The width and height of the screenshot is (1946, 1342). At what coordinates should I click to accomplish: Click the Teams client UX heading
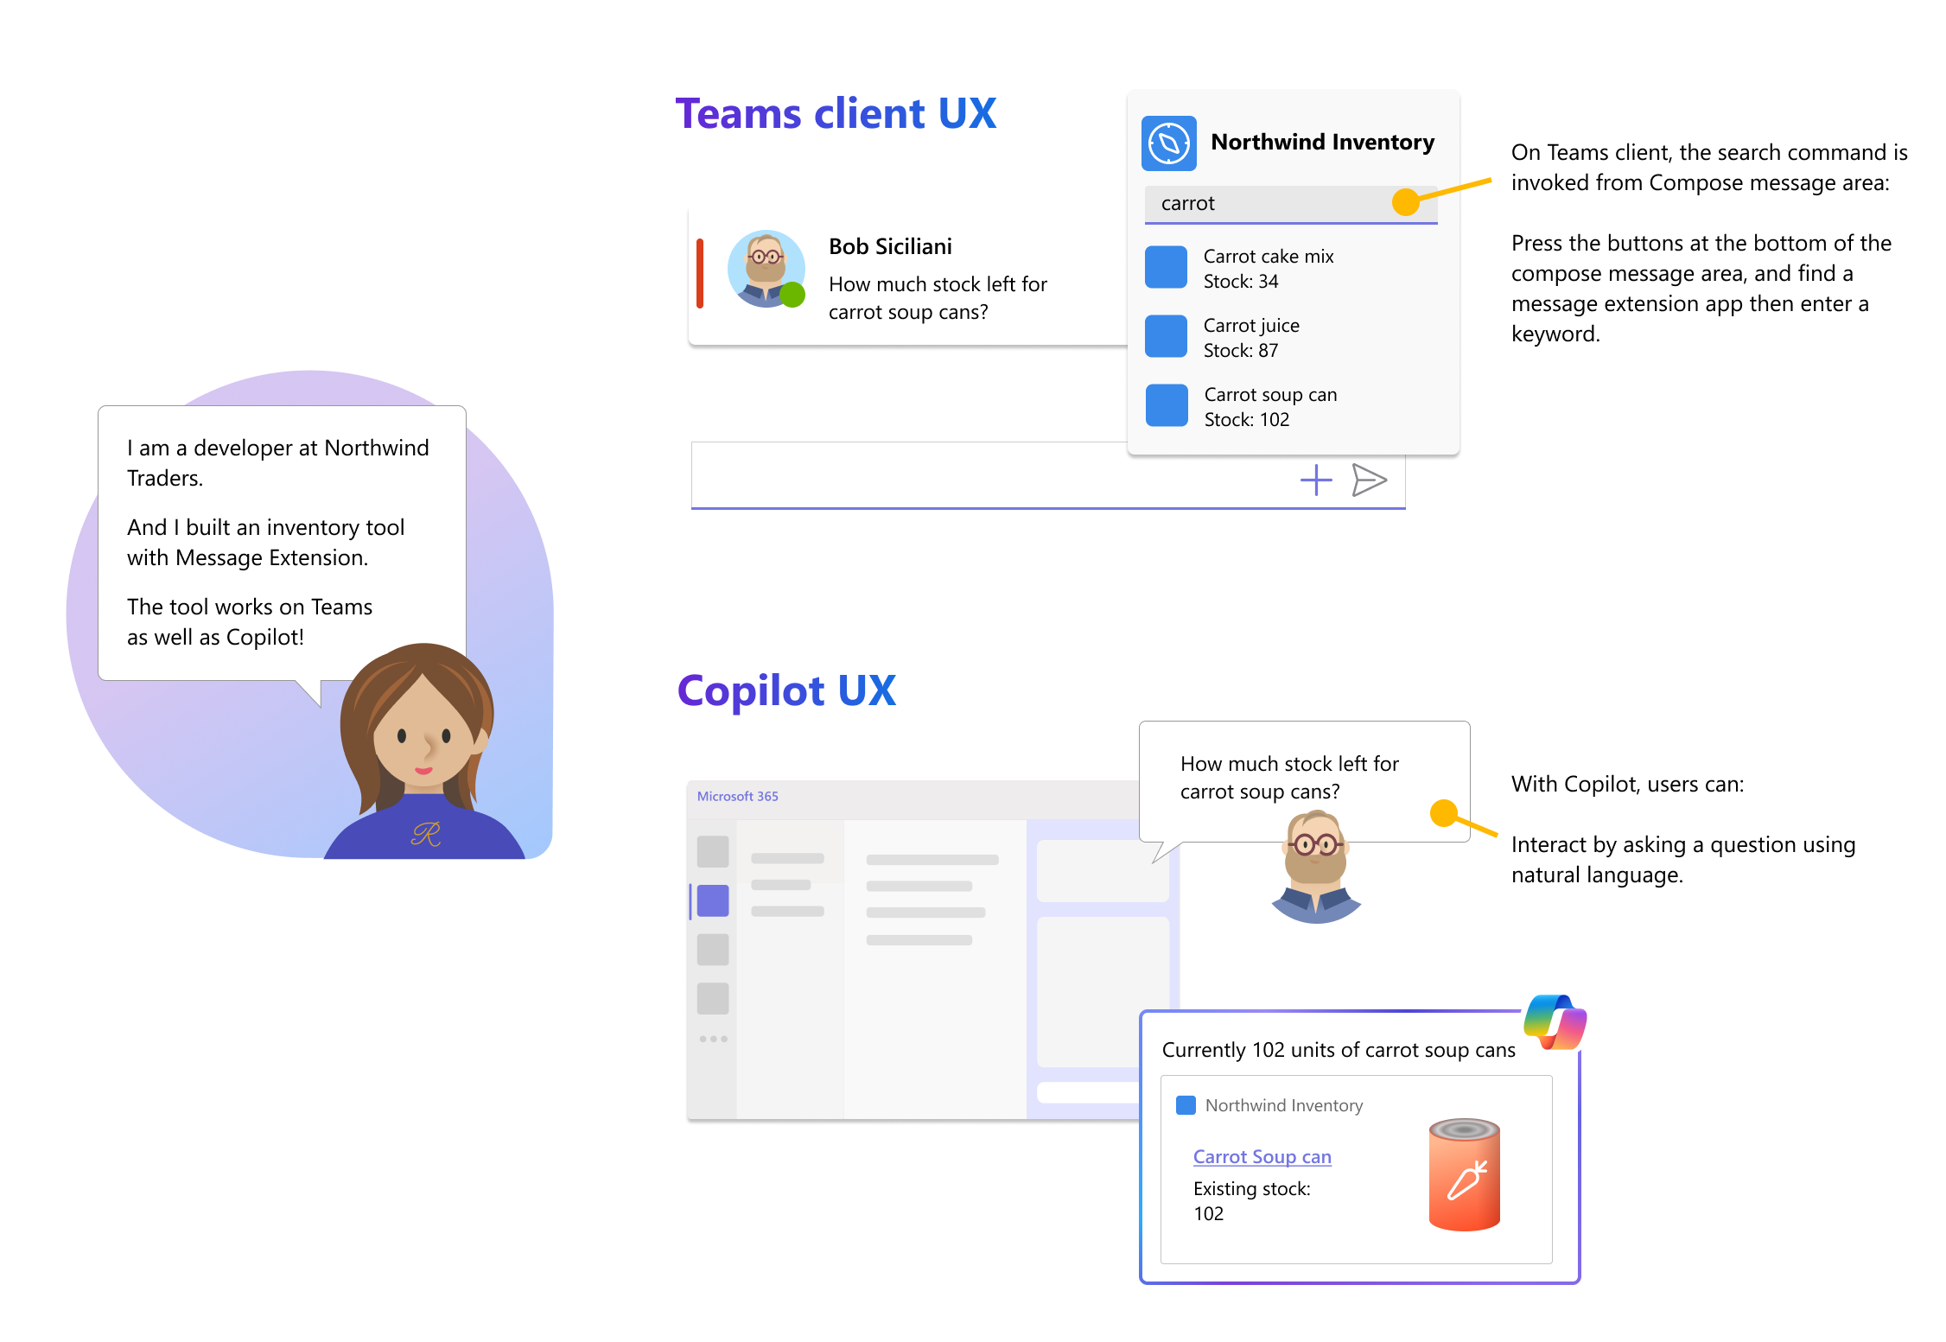(x=836, y=114)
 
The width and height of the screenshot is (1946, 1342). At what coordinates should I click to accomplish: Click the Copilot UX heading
(x=786, y=691)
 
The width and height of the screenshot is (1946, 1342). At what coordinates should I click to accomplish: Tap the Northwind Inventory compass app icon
(x=1169, y=143)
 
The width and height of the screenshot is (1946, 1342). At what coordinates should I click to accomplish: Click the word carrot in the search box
(x=1187, y=204)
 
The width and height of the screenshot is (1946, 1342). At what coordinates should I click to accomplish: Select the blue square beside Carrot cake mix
(x=1166, y=267)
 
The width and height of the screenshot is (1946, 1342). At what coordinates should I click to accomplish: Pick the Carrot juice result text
(x=1251, y=326)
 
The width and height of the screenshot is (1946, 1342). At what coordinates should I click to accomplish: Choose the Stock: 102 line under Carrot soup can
(x=1246, y=420)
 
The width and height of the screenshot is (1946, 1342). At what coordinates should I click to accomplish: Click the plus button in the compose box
(x=1316, y=480)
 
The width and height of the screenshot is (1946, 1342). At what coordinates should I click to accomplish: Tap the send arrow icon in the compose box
(x=1370, y=480)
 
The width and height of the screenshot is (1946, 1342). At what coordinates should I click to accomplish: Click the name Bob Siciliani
(x=890, y=247)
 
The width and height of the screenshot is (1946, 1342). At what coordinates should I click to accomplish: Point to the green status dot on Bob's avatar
(x=792, y=295)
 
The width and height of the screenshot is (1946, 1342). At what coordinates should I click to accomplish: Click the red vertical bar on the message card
(x=700, y=273)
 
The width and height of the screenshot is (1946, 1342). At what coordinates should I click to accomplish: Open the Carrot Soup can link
(x=1262, y=1157)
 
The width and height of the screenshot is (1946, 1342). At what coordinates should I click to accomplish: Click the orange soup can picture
(x=1465, y=1174)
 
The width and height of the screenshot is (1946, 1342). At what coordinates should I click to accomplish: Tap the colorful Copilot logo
(x=1555, y=1021)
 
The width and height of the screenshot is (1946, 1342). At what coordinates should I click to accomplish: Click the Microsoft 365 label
(x=737, y=797)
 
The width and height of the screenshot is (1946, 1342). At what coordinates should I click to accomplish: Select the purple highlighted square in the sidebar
(x=713, y=900)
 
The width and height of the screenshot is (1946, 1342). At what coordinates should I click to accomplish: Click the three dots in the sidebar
(x=713, y=1039)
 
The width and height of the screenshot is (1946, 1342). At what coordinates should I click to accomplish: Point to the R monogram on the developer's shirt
(x=426, y=834)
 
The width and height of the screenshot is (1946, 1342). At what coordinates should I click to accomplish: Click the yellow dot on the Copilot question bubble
(x=1444, y=813)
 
